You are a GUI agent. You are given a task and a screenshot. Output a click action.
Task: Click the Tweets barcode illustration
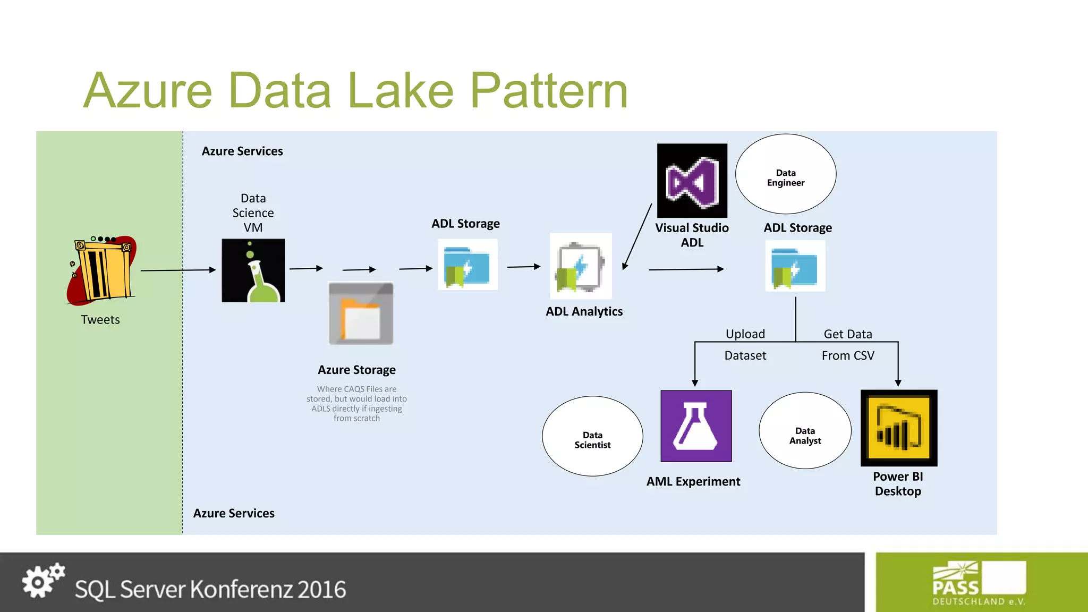click(x=102, y=271)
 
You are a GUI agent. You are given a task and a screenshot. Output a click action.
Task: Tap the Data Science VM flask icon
click(x=253, y=270)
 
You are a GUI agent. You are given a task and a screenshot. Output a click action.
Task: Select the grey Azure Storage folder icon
click(x=361, y=313)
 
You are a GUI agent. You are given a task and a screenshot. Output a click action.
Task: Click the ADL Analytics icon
click(x=581, y=266)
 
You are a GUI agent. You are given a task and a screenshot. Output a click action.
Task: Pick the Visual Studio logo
click(x=692, y=181)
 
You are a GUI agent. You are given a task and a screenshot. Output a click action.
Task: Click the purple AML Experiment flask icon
click(x=696, y=426)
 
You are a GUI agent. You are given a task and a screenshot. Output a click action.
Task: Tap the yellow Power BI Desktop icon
click(x=898, y=428)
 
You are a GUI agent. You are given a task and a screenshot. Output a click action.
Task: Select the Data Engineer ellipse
click(x=786, y=174)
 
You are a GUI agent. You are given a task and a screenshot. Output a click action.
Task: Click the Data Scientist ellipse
click(x=592, y=436)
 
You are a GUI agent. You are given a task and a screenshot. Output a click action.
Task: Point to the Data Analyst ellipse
click(x=805, y=431)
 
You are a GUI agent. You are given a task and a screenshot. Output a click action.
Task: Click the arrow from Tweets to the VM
click(x=178, y=270)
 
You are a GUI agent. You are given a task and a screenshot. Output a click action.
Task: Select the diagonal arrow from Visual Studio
click(x=637, y=237)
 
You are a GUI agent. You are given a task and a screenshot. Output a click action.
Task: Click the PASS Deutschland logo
click(x=979, y=583)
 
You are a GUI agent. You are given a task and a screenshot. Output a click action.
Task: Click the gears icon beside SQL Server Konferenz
click(x=43, y=581)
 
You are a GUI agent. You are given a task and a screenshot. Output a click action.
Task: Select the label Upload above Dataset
click(x=745, y=334)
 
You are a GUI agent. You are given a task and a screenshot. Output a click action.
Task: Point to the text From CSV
click(x=847, y=355)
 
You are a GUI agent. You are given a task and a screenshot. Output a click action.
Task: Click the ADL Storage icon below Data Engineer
click(x=795, y=266)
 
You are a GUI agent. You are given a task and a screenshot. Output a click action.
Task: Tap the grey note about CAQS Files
click(x=356, y=404)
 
